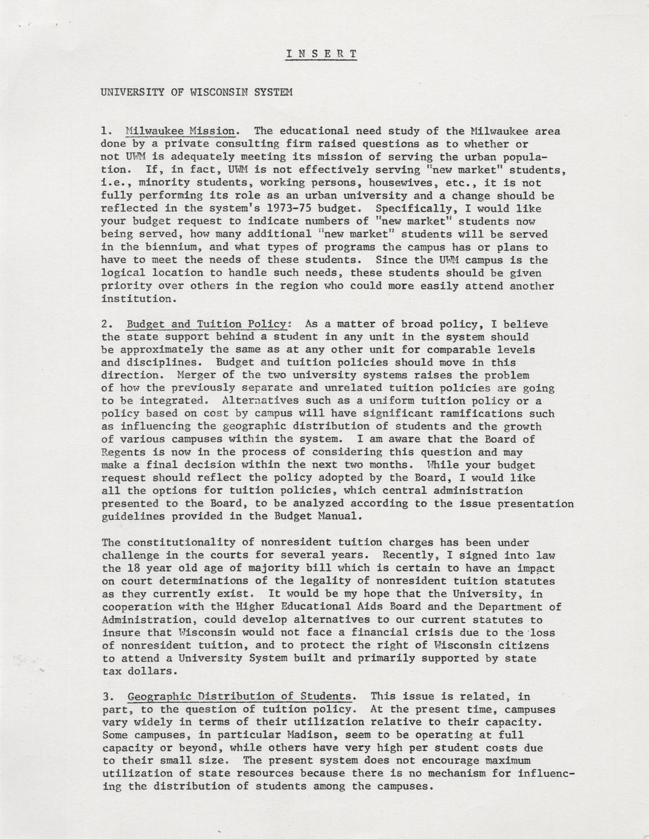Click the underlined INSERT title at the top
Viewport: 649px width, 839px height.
[321, 54]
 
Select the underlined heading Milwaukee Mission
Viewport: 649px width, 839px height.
[180, 131]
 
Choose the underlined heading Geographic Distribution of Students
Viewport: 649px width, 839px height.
[239, 696]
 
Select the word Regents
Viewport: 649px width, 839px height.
[123, 452]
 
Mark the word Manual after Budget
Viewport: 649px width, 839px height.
[341, 516]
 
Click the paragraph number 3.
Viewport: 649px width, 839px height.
[105, 696]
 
